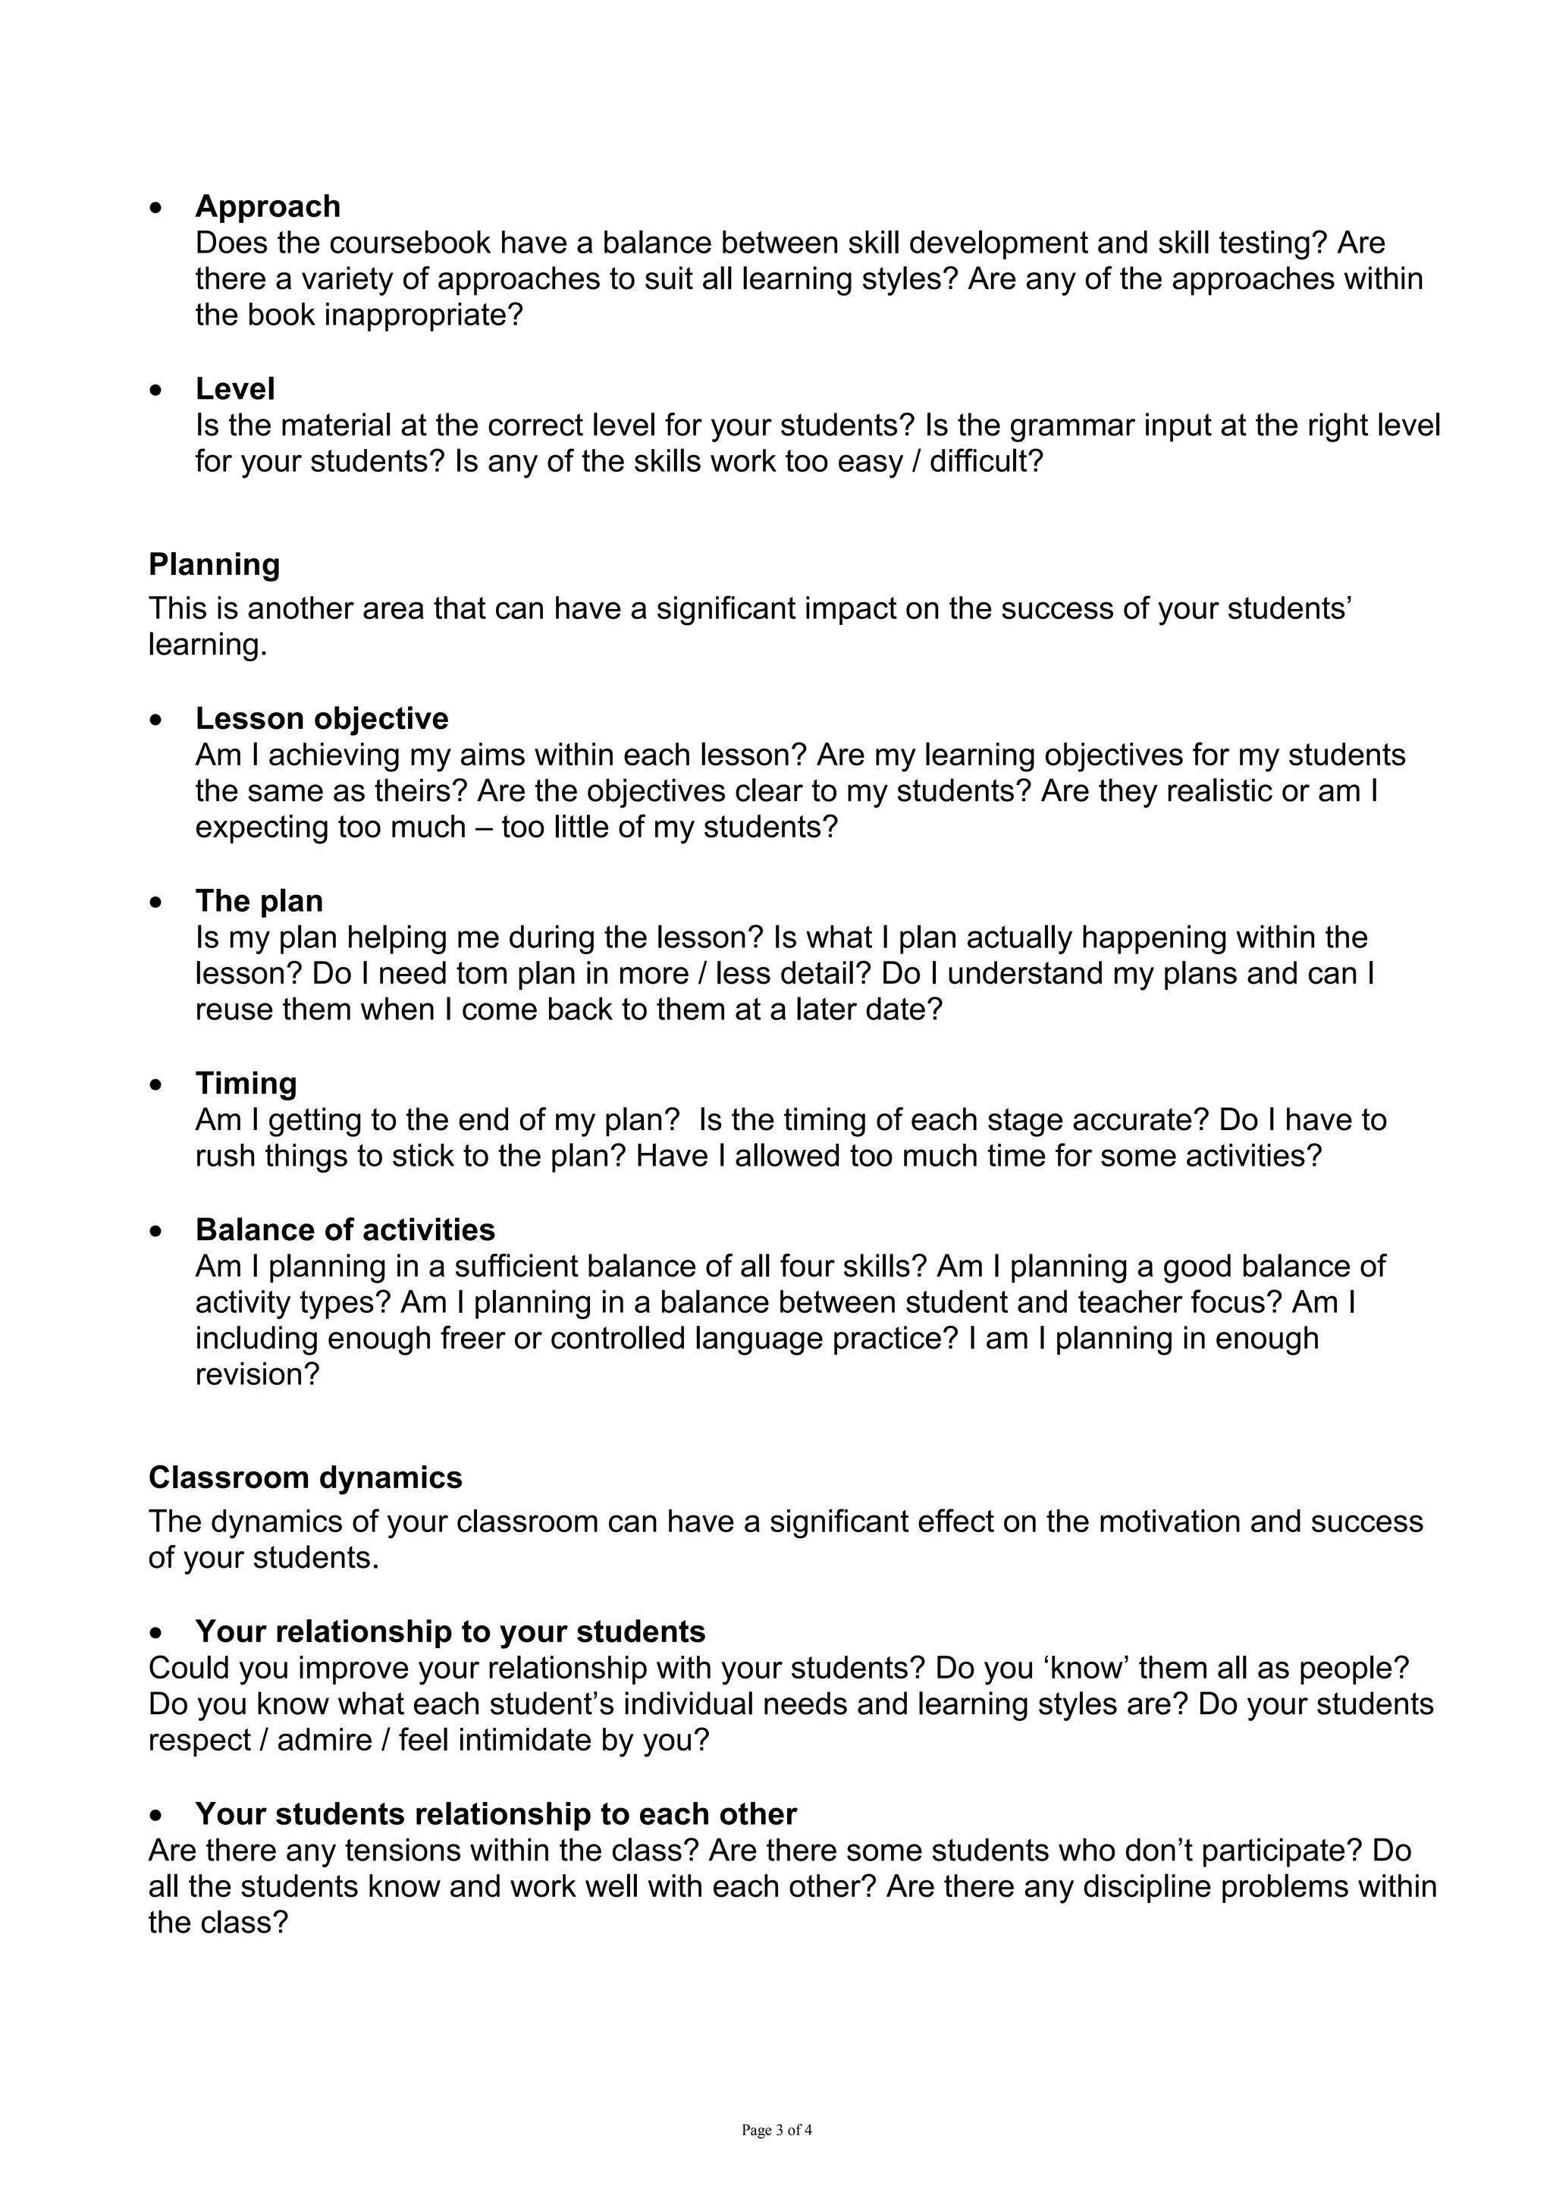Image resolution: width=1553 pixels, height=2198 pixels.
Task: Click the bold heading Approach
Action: click(268, 207)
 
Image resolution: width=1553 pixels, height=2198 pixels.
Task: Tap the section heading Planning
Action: click(215, 565)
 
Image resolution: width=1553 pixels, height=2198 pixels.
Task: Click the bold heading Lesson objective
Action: click(322, 718)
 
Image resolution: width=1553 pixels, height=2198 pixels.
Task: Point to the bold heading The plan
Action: click(259, 901)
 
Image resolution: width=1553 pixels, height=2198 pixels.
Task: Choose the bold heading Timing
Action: click(246, 1083)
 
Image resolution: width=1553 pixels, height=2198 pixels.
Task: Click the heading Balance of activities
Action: click(346, 1229)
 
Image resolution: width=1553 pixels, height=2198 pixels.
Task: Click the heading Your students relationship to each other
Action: click(496, 1814)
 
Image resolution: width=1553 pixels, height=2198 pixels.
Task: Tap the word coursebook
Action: click(408, 243)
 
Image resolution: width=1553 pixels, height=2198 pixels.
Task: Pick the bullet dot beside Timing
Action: click(157, 1085)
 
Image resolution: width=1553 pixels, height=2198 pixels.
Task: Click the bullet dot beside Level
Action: click(157, 391)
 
